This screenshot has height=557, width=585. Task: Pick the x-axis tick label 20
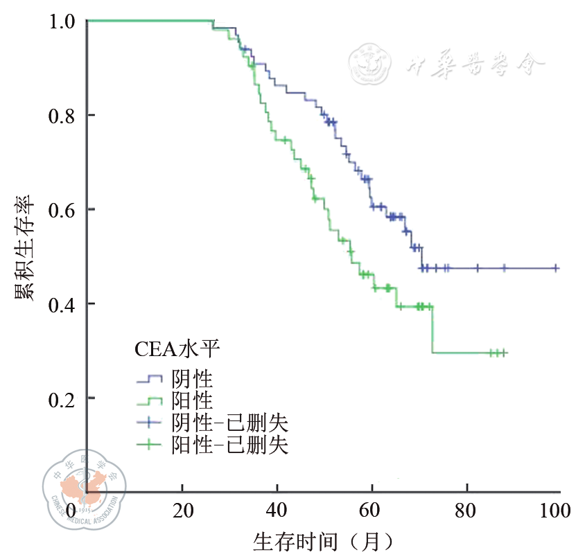tap(182, 512)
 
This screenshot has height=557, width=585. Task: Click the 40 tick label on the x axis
tap(277, 512)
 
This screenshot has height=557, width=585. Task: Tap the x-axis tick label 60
tap(372, 512)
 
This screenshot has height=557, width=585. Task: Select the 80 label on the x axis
tap(466, 512)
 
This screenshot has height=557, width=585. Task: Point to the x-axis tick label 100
tap(555, 512)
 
